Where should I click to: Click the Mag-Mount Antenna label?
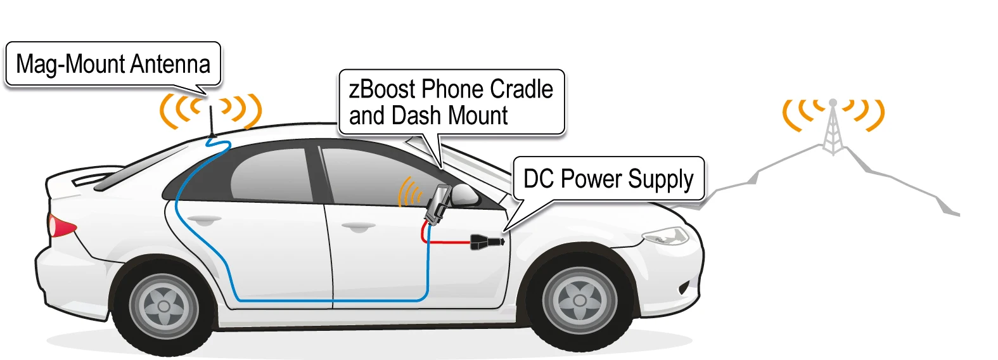point(113,64)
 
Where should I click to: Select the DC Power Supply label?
point(608,179)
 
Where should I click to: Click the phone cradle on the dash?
point(437,203)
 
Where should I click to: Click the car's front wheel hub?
point(579,299)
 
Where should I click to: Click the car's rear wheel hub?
point(164,306)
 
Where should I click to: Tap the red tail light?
point(61,226)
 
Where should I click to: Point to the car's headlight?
point(665,237)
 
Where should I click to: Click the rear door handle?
point(202,220)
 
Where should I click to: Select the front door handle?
point(358,226)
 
